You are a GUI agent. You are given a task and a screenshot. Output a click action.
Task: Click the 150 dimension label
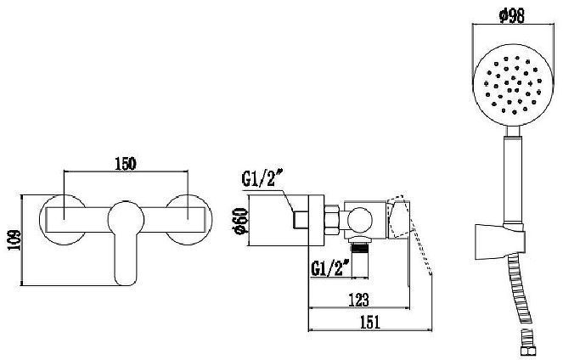126,164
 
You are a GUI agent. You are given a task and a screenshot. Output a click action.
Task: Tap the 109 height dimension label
14,240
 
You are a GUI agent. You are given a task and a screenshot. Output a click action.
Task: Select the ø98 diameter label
512,15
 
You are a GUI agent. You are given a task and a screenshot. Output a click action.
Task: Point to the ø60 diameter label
241,221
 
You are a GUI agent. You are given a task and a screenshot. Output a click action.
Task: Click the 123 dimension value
359,300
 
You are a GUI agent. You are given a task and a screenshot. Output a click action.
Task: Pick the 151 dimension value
369,322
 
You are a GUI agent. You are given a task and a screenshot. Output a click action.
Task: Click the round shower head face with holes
513,85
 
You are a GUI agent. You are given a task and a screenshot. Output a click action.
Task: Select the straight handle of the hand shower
513,179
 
